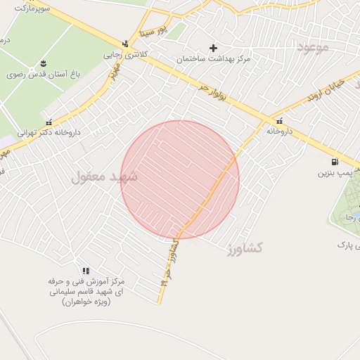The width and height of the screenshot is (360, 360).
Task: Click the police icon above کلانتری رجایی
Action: point(125,44)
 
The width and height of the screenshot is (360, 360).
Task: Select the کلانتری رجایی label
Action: point(123,54)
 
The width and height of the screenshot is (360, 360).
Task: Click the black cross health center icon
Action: point(214,48)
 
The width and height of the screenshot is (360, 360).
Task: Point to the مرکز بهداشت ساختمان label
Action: point(214,59)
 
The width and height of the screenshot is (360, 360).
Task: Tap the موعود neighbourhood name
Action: point(313,47)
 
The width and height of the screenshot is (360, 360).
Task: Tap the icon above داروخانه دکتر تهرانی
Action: point(49,122)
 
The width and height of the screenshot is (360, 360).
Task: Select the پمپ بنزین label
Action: point(335,172)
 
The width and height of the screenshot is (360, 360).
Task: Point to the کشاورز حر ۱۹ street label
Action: point(169,264)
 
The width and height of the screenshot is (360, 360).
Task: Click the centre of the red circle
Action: point(180,180)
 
